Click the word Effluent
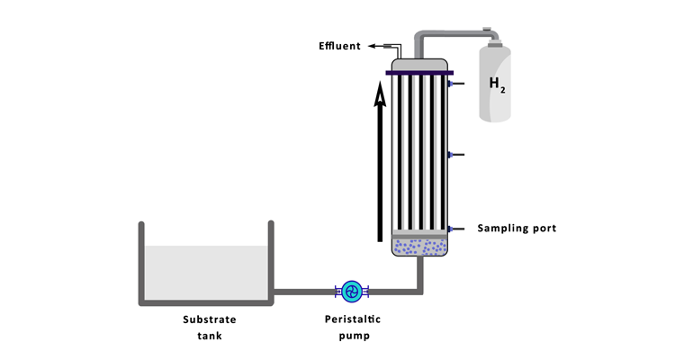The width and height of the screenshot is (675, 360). [x=339, y=46]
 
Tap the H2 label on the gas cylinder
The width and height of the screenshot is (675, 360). [x=497, y=85]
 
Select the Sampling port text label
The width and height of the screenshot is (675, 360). [x=517, y=228]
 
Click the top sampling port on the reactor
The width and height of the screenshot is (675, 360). [x=454, y=84]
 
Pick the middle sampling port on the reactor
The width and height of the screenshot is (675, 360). [x=454, y=155]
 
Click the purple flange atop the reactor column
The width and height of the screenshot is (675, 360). [x=419, y=72]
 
